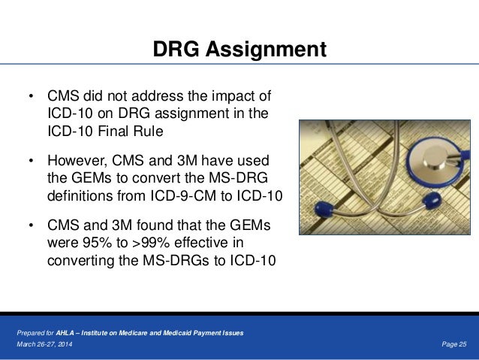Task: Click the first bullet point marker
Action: click(x=31, y=98)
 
